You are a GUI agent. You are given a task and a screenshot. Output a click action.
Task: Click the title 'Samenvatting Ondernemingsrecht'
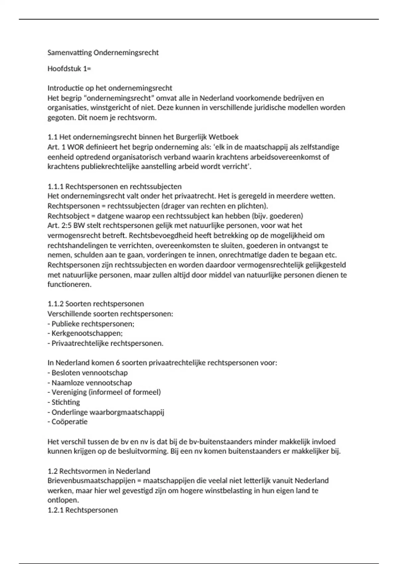point(103,53)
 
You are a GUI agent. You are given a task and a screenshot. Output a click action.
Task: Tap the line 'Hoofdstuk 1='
point(69,69)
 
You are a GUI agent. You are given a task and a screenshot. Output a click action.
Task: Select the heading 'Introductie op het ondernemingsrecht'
point(110,88)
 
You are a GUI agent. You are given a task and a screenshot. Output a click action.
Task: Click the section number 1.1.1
point(55,186)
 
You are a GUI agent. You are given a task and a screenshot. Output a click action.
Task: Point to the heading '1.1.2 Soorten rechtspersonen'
point(96,304)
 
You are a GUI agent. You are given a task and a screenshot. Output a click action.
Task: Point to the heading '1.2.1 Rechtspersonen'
point(83,510)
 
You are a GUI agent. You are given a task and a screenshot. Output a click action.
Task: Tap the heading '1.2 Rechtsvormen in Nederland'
point(99,471)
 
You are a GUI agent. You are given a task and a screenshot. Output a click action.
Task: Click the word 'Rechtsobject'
point(68,216)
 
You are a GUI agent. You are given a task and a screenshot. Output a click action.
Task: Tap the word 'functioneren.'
point(69,285)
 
